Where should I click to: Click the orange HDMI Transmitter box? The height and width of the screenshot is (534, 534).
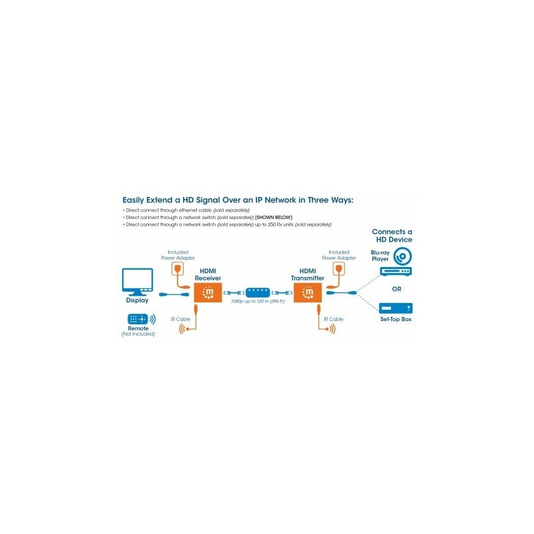pos(308,292)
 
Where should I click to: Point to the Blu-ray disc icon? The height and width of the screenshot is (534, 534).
pos(403,256)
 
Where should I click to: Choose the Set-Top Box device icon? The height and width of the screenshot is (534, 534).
pos(396,308)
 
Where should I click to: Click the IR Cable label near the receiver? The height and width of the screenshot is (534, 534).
pos(180,320)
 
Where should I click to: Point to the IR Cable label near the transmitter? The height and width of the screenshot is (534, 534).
pos(334,320)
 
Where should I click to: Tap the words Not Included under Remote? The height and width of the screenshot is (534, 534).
pos(139,334)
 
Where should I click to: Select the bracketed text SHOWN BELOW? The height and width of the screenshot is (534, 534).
pos(274,218)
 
